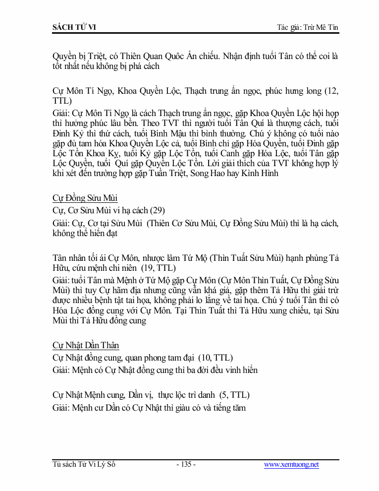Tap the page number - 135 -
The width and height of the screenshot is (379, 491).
pyautogui.click(x=186, y=465)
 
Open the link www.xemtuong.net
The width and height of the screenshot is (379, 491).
pyautogui.click(x=291, y=465)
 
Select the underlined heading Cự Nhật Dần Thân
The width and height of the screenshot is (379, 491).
pyautogui.click(x=86, y=345)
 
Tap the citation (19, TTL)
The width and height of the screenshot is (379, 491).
pyautogui.click(x=159, y=268)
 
